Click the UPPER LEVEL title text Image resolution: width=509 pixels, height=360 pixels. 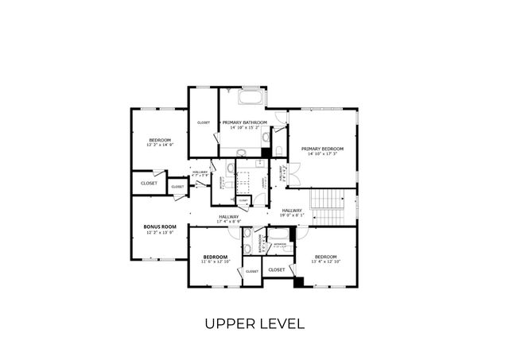254,323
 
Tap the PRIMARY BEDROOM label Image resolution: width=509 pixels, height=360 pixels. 322,149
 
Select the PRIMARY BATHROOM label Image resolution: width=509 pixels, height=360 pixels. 244,122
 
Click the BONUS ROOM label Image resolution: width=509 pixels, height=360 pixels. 159,226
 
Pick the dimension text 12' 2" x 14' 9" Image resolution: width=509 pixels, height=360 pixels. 159,145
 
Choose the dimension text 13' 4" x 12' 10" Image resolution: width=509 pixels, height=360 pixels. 325,261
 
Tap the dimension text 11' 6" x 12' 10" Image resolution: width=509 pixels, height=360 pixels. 216,261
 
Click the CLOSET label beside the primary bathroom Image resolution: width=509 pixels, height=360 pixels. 203,122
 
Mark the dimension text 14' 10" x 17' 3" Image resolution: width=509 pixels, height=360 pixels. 322,154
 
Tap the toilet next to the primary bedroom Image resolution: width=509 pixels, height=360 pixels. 279,150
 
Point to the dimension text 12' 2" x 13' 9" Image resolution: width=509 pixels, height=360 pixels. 159,232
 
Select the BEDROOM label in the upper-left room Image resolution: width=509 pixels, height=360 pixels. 159,140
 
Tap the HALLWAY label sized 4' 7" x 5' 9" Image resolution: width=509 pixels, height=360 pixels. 200,172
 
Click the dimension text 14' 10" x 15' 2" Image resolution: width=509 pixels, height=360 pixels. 244,128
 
